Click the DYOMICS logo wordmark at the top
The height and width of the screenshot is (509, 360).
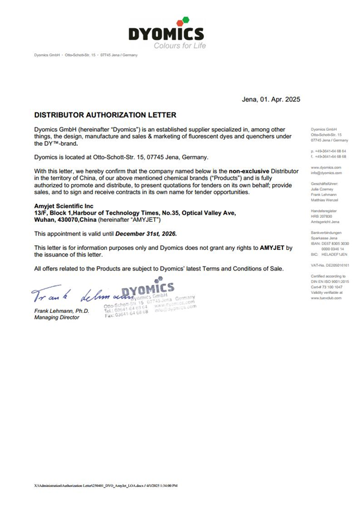[x=166, y=34]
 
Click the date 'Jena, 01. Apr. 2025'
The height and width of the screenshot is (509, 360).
[x=270, y=100]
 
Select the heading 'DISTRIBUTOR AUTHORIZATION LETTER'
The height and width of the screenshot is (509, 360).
[x=105, y=114]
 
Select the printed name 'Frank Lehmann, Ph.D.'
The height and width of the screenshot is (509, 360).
[x=61, y=311]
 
